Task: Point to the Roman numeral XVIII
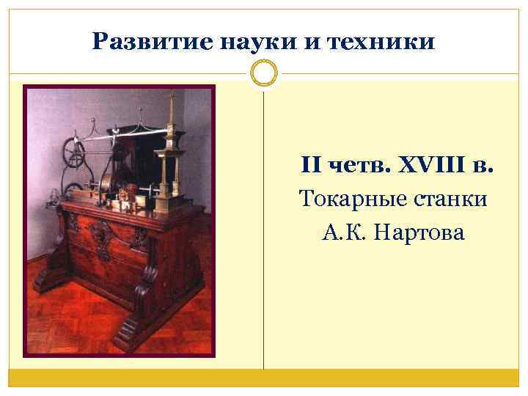[x=427, y=165]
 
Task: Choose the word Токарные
[x=353, y=199]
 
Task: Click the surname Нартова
[x=422, y=232]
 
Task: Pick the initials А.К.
[x=345, y=232]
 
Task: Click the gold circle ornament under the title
[x=264, y=73]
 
